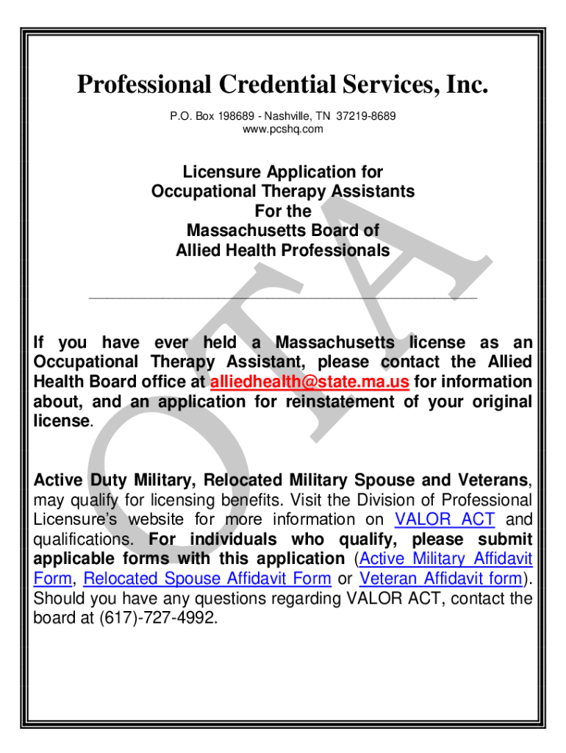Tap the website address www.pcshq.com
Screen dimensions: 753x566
pos(282,129)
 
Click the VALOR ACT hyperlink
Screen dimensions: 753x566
pos(445,519)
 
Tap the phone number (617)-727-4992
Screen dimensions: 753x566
pos(157,618)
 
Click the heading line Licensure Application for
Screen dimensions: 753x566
pos(283,172)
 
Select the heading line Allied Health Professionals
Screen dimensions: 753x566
pos(283,250)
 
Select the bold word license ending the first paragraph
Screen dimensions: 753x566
pos(62,421)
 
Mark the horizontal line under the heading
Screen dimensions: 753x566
pos(283,297)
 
